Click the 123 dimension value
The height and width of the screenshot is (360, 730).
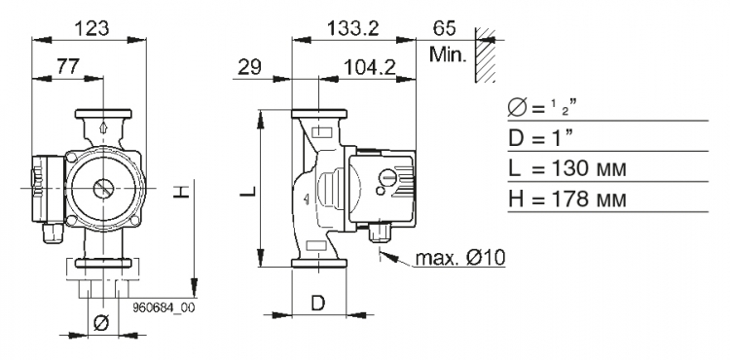click(x=91, y=28)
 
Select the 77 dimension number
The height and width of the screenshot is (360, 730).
click(x=68, y=66)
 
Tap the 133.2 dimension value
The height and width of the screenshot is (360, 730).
click(x=353, y=28)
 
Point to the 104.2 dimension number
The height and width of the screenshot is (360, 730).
click(x=370, y=68)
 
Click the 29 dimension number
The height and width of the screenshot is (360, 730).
click(x=249, y=67)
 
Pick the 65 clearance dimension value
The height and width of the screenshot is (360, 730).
click(x=444, y=28)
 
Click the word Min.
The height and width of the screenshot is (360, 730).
click(x=448, y=54)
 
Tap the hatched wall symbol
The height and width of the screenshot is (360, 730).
click(x=485, y=54)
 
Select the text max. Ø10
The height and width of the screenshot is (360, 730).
click(x=460, y=257)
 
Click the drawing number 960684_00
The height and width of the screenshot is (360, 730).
click(x=164, y=307)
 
